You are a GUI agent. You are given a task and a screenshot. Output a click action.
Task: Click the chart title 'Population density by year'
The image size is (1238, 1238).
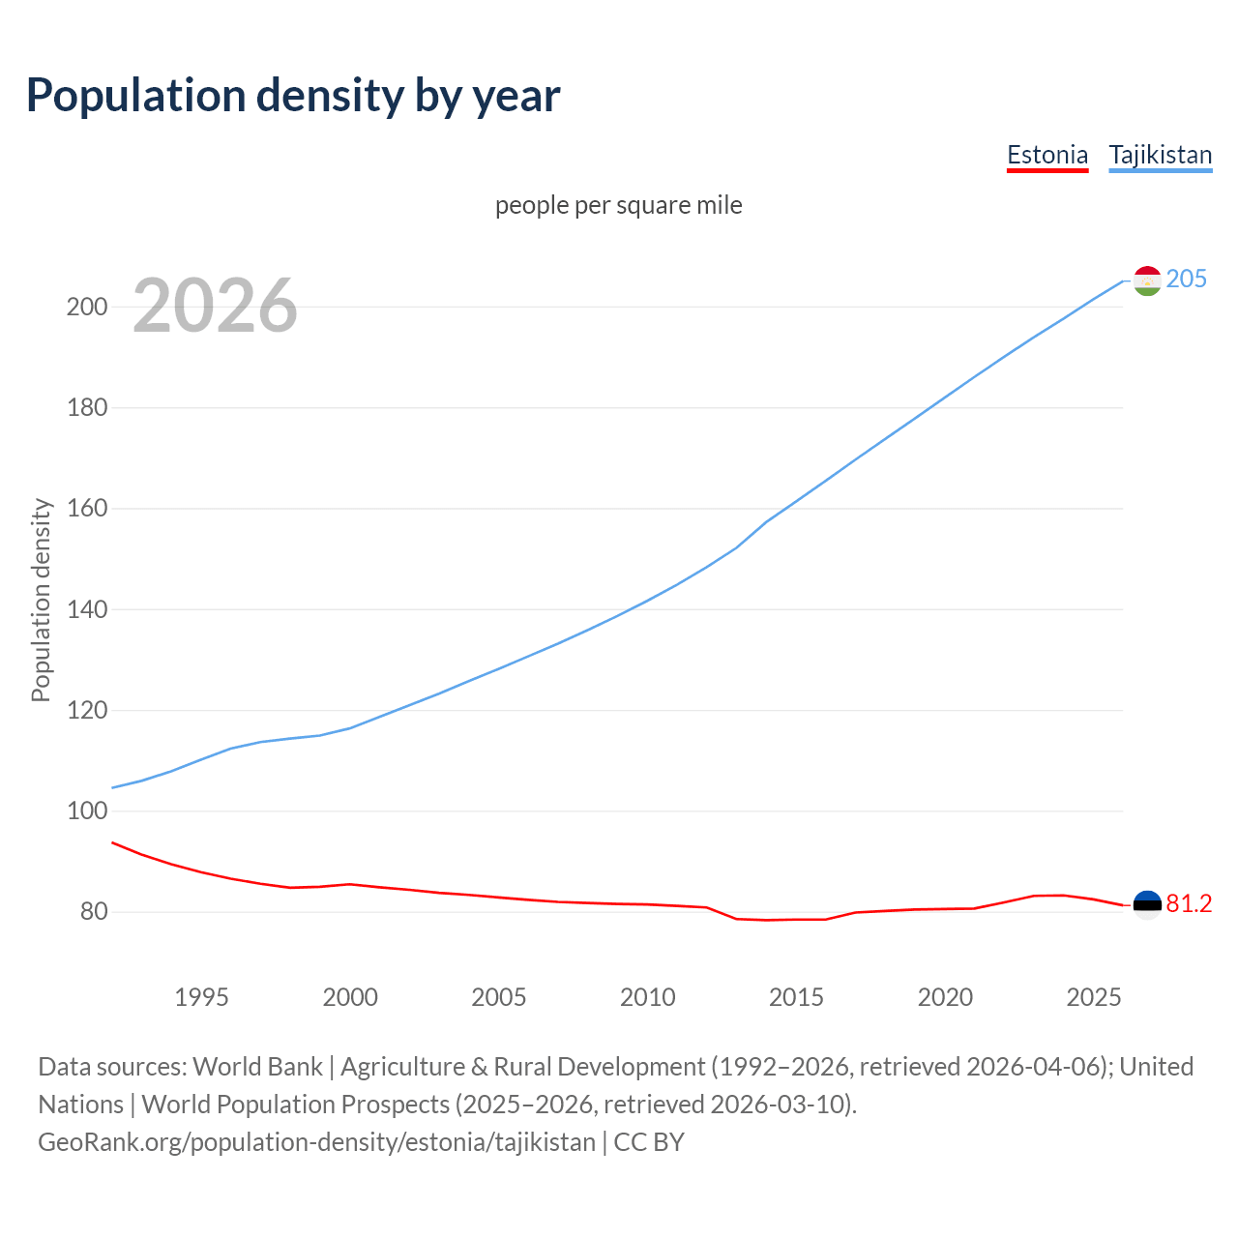pyautogui.click(x=293, y=95)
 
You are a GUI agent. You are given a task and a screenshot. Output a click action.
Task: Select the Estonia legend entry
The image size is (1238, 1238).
pyautogui.click(x=1047, y=155)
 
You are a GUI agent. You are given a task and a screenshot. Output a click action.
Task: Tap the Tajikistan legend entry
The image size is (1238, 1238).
pyautogui.click(x=1160, y=155)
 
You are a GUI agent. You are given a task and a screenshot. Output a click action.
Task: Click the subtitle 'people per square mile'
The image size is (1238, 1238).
pyautogui.click(x=619, y=205)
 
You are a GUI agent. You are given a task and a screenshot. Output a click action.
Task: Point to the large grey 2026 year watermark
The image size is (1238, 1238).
pyautogui.click(x=215, y=306)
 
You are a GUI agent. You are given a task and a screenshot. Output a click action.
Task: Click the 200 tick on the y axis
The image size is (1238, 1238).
pyautogui.click(x=86, y=307)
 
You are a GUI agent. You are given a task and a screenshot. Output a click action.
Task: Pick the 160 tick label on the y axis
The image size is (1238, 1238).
pyautogui.click(x=86, y=508)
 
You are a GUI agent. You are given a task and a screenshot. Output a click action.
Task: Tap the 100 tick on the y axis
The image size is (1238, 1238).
pyautogui.click(x=86, y=811)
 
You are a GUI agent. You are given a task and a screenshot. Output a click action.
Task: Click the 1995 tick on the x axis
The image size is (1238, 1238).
pyautogui.click(x=201, y=997)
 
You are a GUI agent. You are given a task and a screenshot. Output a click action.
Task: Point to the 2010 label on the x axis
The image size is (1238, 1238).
pyautogui.click(x=647, y=997)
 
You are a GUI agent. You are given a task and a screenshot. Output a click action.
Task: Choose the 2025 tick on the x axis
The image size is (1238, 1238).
pyautogui.click(x=1093, y=997)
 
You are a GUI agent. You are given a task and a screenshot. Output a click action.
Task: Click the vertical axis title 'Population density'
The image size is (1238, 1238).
pyautogui.click(x=41, y=600)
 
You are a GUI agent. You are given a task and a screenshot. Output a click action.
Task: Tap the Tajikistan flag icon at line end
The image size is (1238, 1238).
pyautogui.click(x=1147, y=280)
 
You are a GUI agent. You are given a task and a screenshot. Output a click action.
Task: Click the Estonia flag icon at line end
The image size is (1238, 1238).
pyautogui.click(x=1147, y=904)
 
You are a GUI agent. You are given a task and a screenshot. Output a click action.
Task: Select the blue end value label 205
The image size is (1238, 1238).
pyautogui.click(x=1187, y=279)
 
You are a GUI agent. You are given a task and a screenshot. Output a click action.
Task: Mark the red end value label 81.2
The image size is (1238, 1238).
pyautogui.click(x=1189, y=903)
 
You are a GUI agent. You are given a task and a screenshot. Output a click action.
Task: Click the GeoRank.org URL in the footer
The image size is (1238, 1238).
pyautogui.click(x=316, y=1142)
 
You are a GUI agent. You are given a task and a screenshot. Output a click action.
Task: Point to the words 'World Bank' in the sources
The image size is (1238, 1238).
pyautogui.click(x=257, y=1067)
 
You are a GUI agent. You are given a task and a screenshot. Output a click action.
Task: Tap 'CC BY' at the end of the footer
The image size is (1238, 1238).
pyautogui.click(x=649, y=1142)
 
